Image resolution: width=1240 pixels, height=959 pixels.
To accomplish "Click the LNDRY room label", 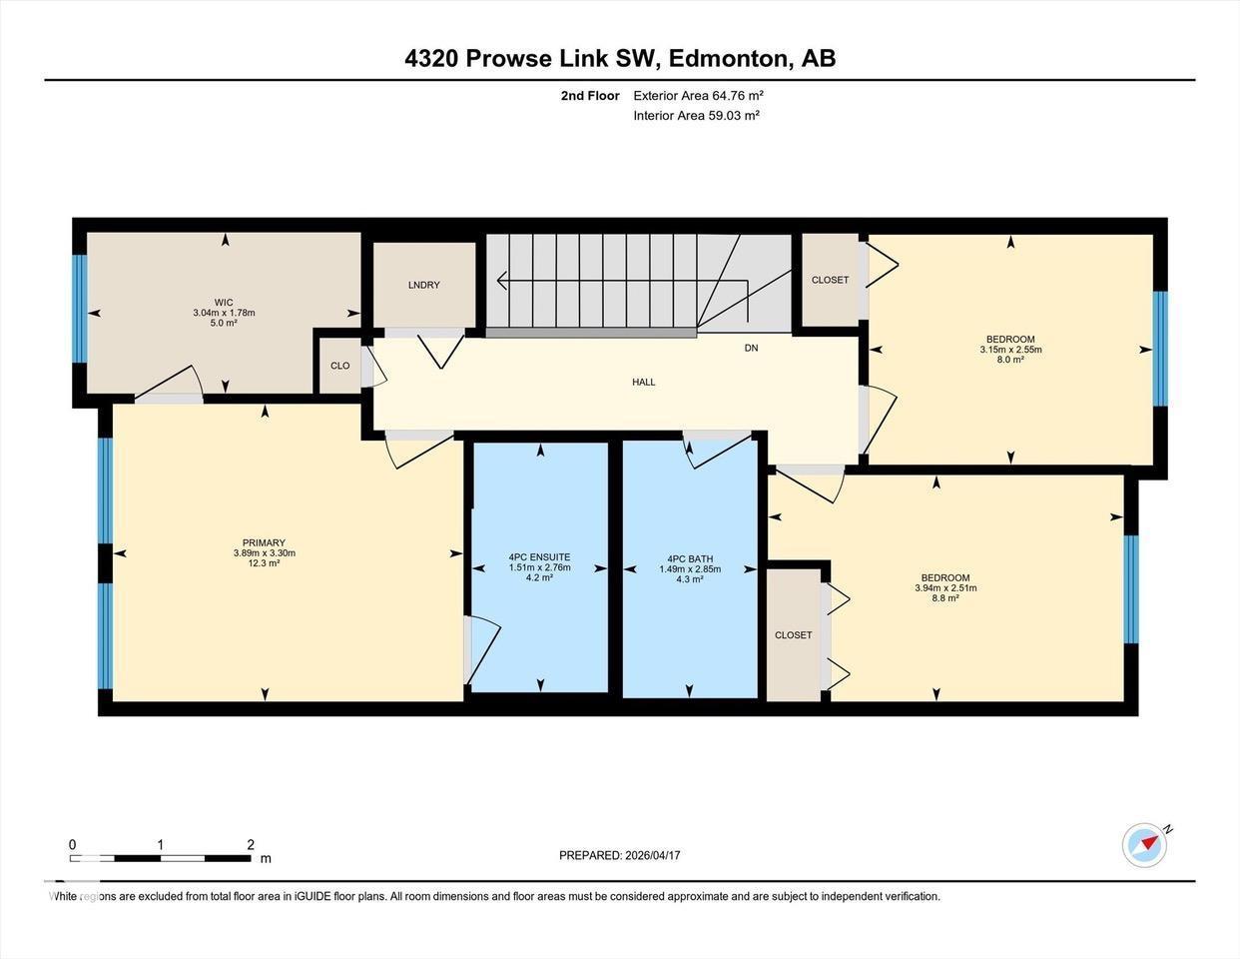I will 423,285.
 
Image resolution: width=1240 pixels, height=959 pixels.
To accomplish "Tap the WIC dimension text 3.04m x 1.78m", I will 224,313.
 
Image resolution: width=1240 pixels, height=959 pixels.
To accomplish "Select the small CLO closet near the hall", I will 340,366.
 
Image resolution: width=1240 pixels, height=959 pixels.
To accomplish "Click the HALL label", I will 644,382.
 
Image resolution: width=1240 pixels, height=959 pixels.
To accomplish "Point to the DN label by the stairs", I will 751,349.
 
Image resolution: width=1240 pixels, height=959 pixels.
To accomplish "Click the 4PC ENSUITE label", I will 539,557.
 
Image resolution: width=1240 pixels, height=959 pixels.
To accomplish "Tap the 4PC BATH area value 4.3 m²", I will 690,578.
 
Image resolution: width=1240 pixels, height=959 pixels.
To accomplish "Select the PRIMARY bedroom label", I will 264,543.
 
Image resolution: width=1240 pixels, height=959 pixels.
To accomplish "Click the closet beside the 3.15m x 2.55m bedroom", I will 830,280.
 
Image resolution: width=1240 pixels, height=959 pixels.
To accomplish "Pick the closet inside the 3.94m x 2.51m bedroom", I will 793,635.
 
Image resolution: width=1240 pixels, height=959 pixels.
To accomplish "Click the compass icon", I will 1144,845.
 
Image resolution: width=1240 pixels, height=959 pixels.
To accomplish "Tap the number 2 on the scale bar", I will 250,844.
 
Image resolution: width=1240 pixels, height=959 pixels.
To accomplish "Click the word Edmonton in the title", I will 729,58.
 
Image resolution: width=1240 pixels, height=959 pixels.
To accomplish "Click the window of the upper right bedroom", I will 1160,348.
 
